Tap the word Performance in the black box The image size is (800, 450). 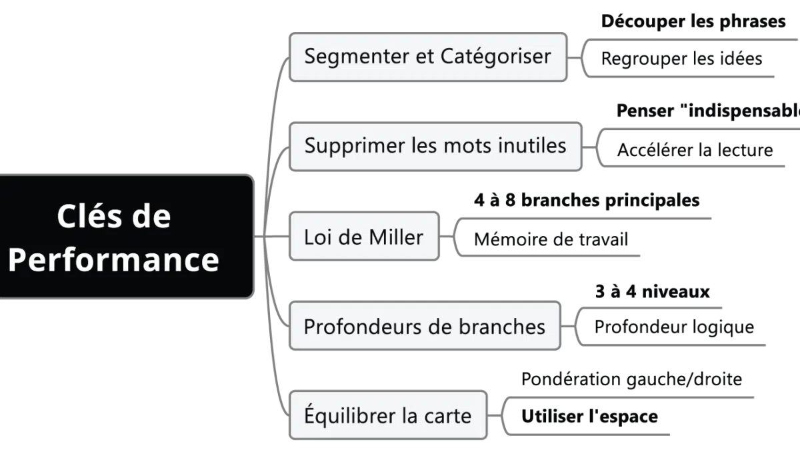113,259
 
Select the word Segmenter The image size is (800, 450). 355,56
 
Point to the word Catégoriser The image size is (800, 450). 496,56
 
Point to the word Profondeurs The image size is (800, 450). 364,327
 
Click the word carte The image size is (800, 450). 448,416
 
